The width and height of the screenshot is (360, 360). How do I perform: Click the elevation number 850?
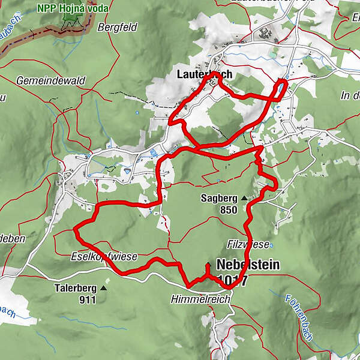coord(228,210)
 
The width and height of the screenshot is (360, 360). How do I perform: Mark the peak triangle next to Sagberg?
coord(244,197)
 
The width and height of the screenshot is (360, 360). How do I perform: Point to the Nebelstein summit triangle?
coord(207,265)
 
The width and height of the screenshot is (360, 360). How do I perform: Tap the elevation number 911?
coord(86,299)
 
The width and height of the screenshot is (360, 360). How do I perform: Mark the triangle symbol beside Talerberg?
coord(103,288)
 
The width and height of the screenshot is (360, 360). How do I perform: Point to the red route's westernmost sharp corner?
coord(74,229)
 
